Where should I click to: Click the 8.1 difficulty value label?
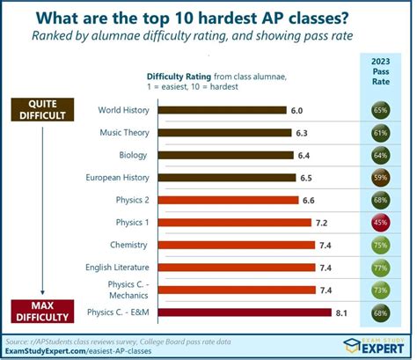pyautogui.click(x=343, y=312)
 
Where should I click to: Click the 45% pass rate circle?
pyautogui.click(x=382, y=223)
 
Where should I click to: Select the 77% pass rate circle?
pyautogui.click(x=382, y=267)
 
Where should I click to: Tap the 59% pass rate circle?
pyautogui.click(x=382, y=178)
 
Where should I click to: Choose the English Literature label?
pyautogui.click(x=117, y=267)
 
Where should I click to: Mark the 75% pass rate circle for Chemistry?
pyautogui.click(x=382, y=245)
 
